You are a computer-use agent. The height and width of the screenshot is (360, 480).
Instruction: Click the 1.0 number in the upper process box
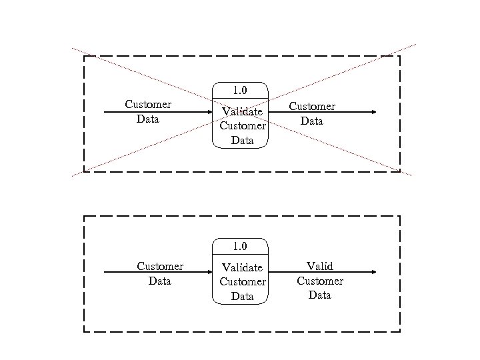tap(239, 90)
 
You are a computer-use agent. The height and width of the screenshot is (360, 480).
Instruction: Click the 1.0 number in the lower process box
tap(239, 246)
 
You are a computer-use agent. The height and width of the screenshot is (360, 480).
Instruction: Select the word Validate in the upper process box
tap(242, 111)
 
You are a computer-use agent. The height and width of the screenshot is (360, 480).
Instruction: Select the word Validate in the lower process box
tap(242, 267)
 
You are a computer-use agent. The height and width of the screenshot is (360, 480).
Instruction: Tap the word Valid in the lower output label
tap(319, 267)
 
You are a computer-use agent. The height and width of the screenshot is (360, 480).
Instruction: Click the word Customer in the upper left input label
tap(148, 105)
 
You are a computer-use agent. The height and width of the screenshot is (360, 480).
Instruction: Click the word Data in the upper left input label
tap(148, 119)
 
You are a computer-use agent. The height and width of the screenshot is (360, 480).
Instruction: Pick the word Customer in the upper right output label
tap(312, 107)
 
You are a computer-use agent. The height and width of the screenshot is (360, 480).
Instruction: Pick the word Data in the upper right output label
tap(312, 121)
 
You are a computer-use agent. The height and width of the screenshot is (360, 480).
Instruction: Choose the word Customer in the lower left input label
tap(160, 267)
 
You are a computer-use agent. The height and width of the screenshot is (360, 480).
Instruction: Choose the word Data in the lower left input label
tap(160, 281)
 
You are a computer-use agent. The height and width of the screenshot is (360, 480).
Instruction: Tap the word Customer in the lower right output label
tap(320, 281)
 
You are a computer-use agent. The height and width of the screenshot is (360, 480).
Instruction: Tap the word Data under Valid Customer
tap(320, 295)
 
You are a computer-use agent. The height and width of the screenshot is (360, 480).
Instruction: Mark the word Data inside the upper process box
tap(243, 140)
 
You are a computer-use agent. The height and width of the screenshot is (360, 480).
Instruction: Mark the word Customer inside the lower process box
tap(243, 281)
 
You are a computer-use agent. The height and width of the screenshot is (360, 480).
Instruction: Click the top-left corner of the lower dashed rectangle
tap(84, 217)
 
